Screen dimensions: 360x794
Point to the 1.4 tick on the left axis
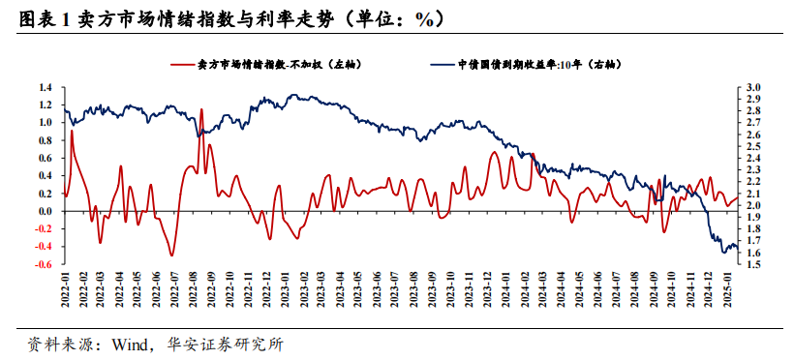tap(46, 87)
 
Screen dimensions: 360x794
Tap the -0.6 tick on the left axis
tap(45, 264)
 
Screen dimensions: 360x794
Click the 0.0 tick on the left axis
tap(46, 211)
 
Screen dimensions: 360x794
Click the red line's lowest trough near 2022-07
tap(172, 256)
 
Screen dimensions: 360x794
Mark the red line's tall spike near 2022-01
tap(72, 131)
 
